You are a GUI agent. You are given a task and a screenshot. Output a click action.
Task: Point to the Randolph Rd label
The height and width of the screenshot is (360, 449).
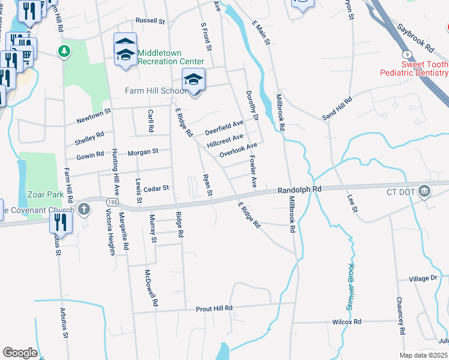[300, 189]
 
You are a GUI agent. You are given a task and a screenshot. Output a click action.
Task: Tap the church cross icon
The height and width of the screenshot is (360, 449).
[84, 210]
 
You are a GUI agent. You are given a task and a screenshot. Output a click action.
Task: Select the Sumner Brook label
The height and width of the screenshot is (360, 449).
[351, 286]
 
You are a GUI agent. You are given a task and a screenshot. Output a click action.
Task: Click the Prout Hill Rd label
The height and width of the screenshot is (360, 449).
[214, 308]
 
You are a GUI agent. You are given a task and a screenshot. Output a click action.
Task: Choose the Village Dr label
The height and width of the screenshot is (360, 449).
[423, 278]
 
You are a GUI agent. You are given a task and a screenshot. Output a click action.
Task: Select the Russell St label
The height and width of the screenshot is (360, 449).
[150, 20]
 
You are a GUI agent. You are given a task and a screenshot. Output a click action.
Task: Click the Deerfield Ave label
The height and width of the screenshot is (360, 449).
[224, 127]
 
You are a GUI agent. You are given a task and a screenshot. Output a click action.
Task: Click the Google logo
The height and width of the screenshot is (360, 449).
[20, 353]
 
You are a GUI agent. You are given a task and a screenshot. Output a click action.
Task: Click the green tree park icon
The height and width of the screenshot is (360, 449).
[64, 52]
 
